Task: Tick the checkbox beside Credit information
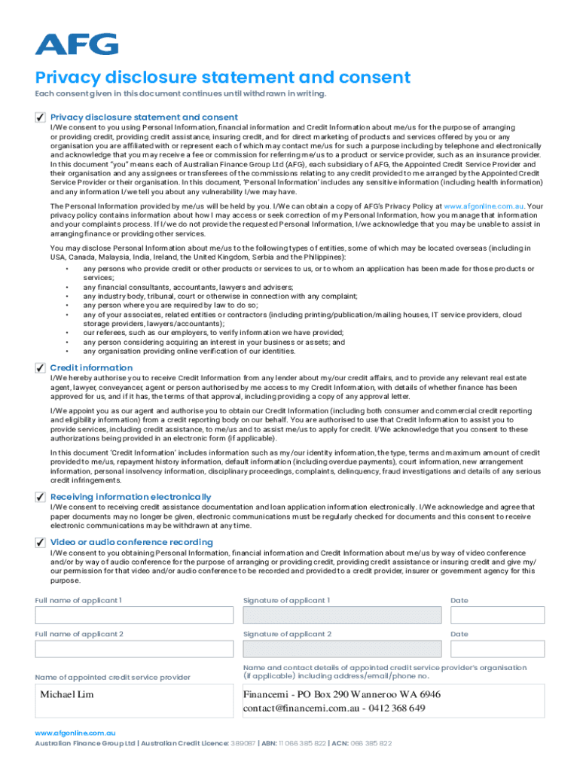coord(40,367)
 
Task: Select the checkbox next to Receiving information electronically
coord(40,497)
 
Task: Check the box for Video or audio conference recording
coord(40,542)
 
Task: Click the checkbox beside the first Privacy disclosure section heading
coord(40,117)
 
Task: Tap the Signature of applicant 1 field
coord(342,615)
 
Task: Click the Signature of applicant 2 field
coord(342,649)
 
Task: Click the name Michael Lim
coord(67,694)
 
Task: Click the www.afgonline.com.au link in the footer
coord(75,732)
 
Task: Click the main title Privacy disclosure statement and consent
coord(223,78)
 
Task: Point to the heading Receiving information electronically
coord(130,497)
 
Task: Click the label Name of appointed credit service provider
coord(113,678)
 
